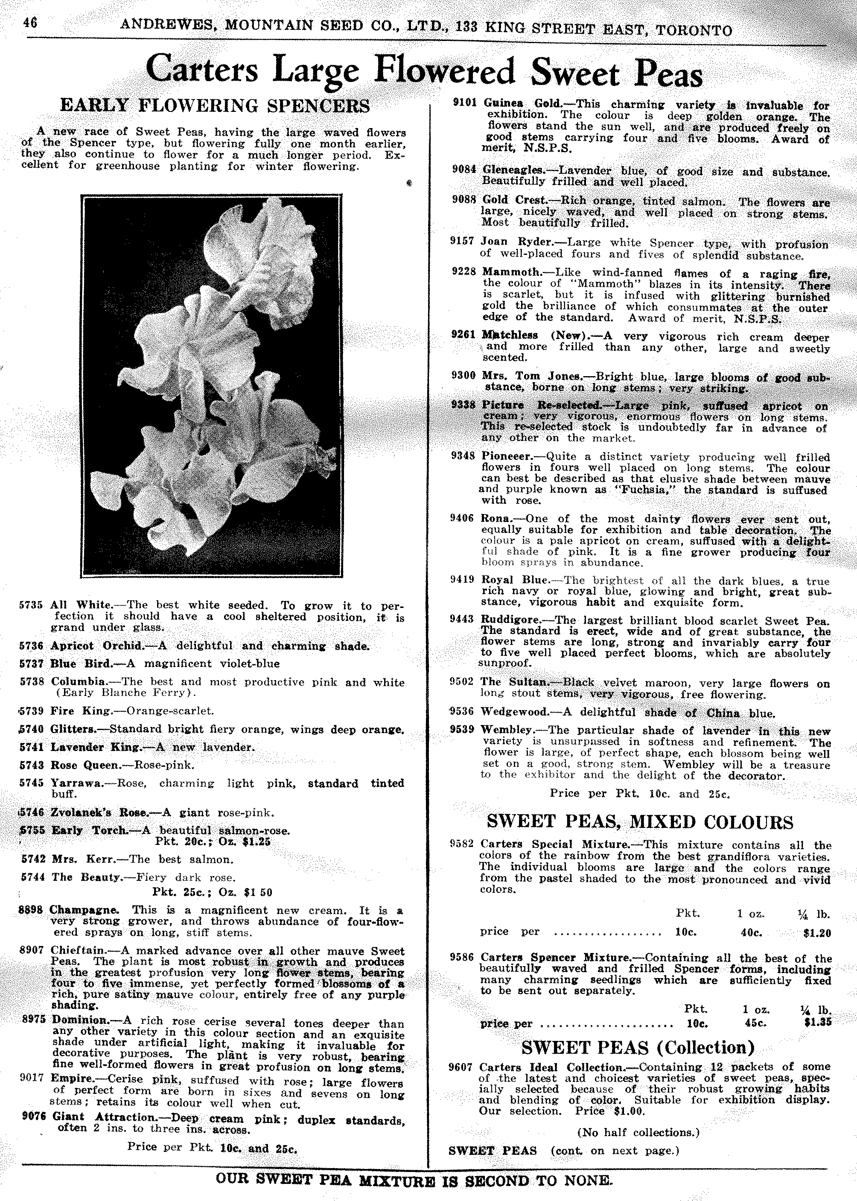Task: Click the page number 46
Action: point(29,24)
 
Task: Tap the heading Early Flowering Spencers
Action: point(215,105)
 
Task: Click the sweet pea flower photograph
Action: point(212,385)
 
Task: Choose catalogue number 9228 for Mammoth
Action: point(464,272)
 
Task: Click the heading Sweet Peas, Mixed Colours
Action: point(640,822)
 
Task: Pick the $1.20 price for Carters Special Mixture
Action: point(817,933)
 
